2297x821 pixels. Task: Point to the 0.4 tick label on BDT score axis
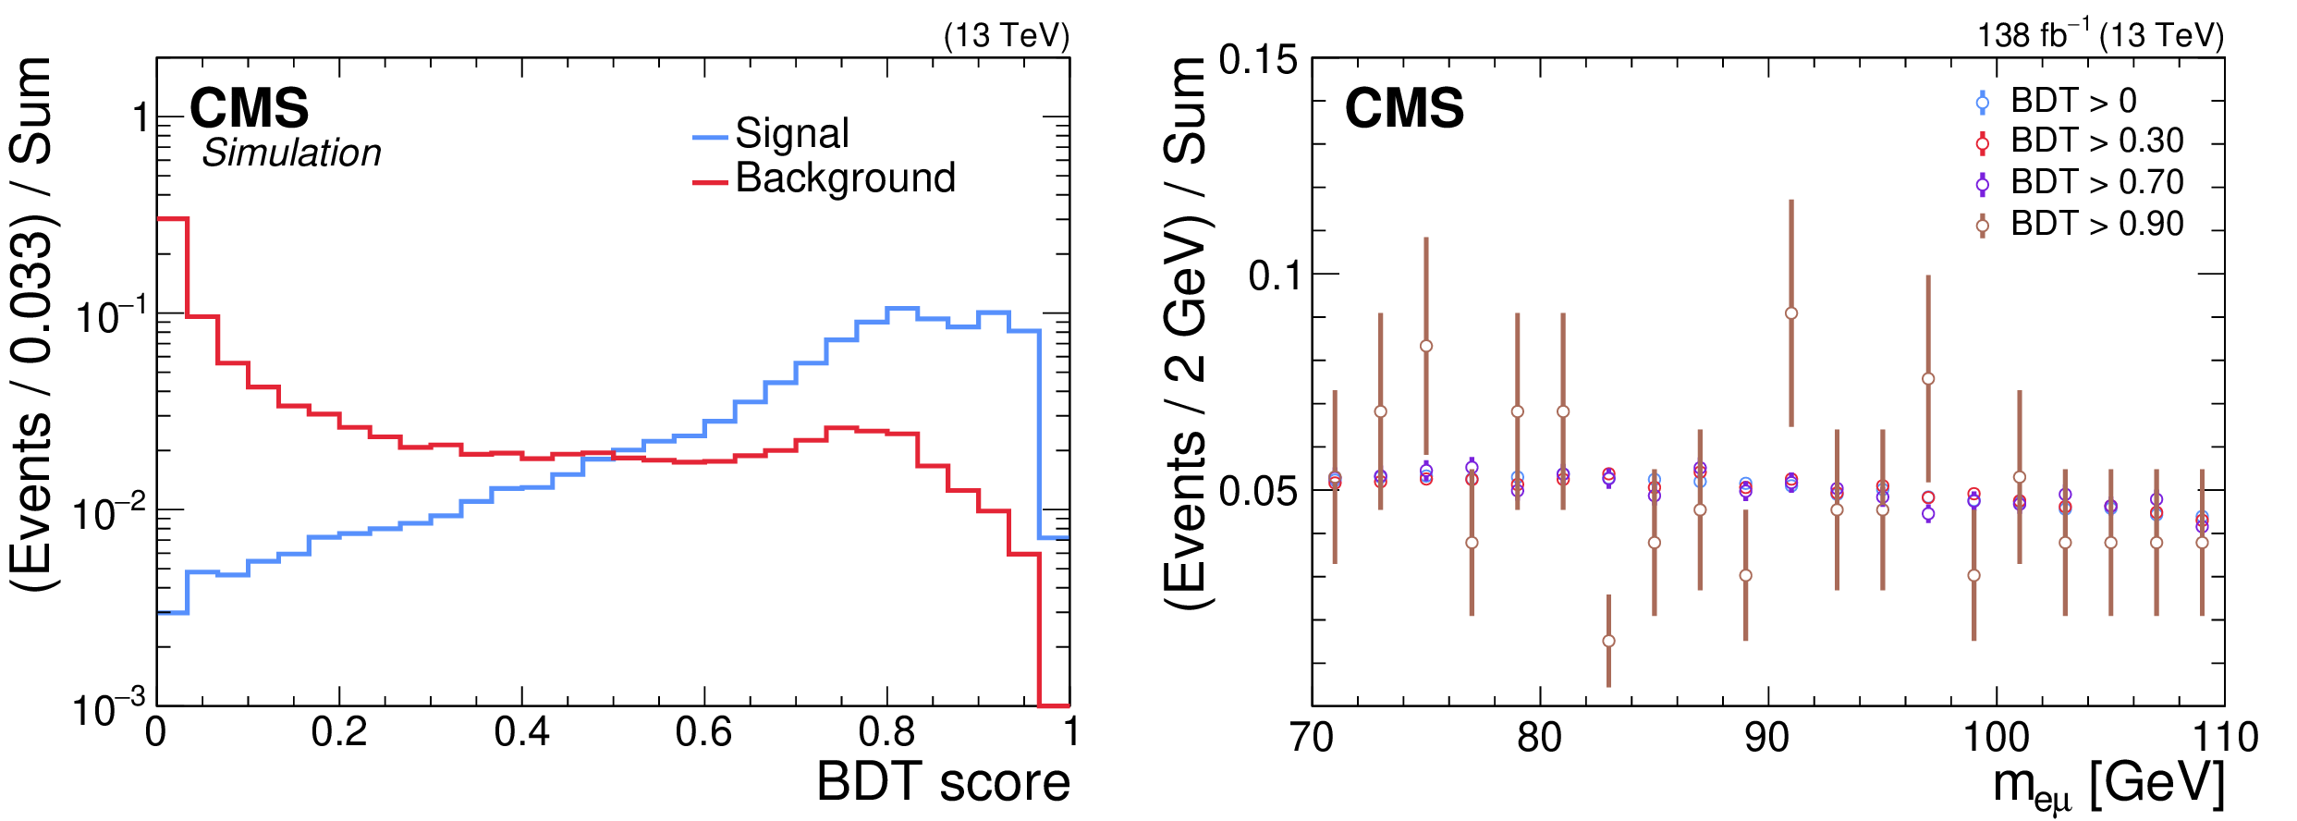pos(521,733)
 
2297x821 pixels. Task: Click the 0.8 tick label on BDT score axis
pos(886,733)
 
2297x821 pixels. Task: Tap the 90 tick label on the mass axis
pos(1766,739)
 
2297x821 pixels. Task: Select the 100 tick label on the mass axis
pos(1996,739)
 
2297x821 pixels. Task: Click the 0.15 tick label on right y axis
pos(1258,60)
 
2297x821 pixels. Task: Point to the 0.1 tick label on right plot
pos(1273,276)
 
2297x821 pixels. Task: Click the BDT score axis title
pos(943,782)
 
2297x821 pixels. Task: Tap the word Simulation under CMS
pos(291,153)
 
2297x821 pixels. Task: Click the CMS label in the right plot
pos(1404,109)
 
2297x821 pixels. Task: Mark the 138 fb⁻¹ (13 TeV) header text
pos(2100,35)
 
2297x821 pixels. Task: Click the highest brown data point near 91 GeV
pos(1791,313)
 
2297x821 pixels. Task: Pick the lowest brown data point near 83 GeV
pos(1608,641)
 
